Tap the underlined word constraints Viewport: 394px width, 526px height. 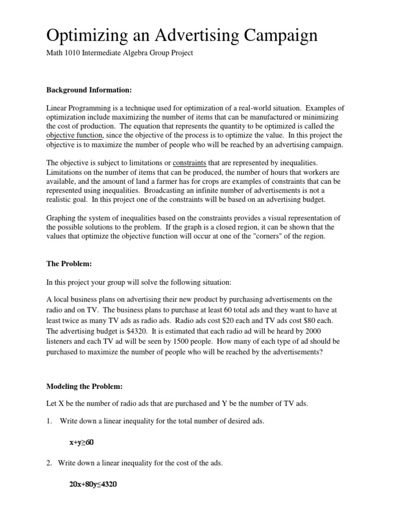click(x=188, y=163)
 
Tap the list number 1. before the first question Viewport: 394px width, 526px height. click(x=50, y=421)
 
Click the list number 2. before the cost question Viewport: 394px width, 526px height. click(x=50, y=463)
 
